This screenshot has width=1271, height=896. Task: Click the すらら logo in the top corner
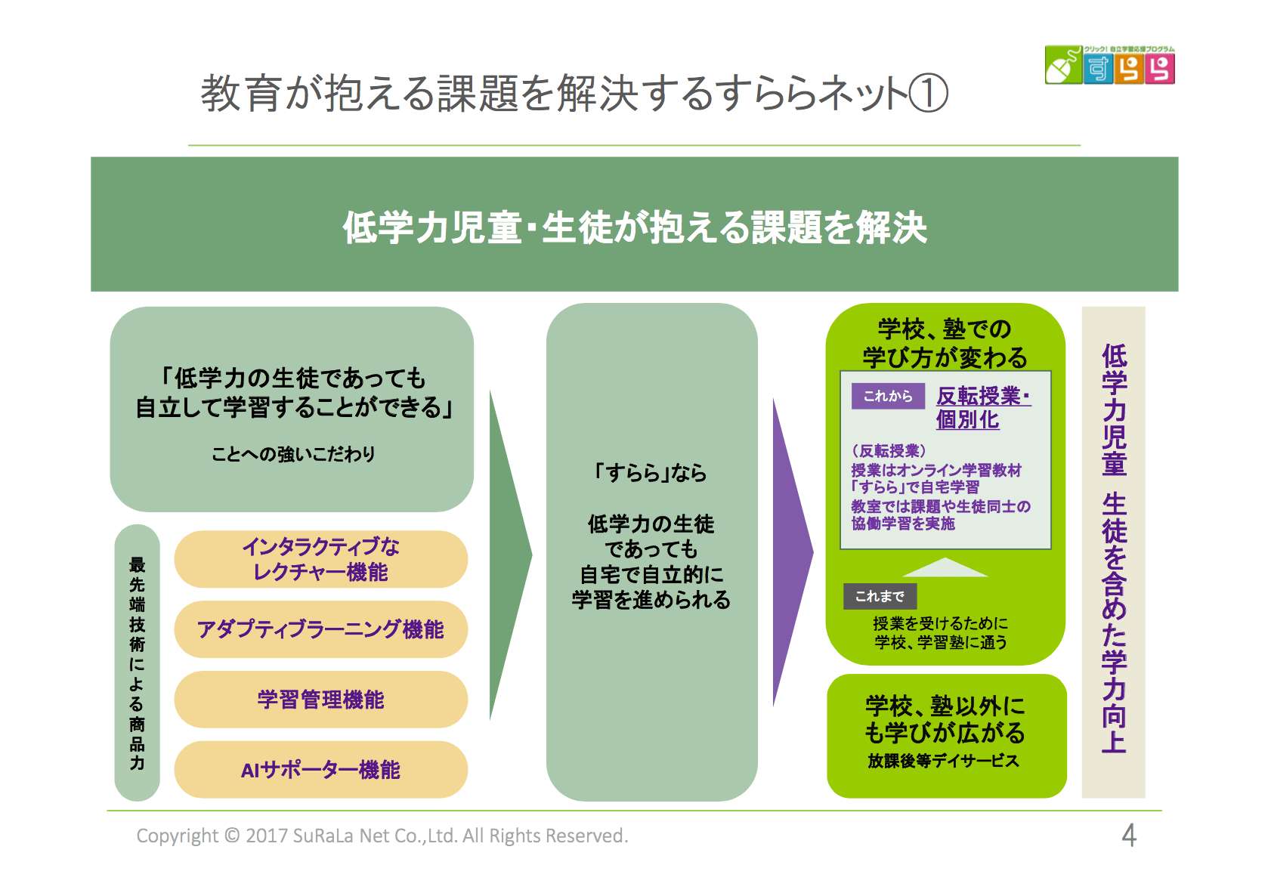coord(1109,65)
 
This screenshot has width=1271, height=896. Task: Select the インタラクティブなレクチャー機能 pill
coord(320,559)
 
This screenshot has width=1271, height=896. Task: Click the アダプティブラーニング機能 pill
coord(320,629)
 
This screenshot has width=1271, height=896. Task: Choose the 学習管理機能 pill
coord(320,700)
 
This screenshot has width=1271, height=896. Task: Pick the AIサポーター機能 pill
coord(320,770)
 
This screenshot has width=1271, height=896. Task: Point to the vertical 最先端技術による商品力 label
coord(137,663)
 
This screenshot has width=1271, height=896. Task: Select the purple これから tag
coord(888,396)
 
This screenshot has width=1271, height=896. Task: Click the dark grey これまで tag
coord(880,596)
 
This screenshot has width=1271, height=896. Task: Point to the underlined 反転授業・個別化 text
coord(982,408)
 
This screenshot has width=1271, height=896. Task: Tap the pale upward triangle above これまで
coord(945,568)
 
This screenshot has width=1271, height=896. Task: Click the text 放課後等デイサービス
coord(943,761)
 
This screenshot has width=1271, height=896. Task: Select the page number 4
coord(1128,836)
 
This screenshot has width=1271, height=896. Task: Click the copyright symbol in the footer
coord(232,836)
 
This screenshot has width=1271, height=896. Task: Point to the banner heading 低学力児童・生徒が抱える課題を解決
coord(635,227)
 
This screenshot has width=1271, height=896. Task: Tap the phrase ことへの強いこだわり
coord(293,454)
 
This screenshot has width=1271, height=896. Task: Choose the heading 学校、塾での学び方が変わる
coord(945,343)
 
